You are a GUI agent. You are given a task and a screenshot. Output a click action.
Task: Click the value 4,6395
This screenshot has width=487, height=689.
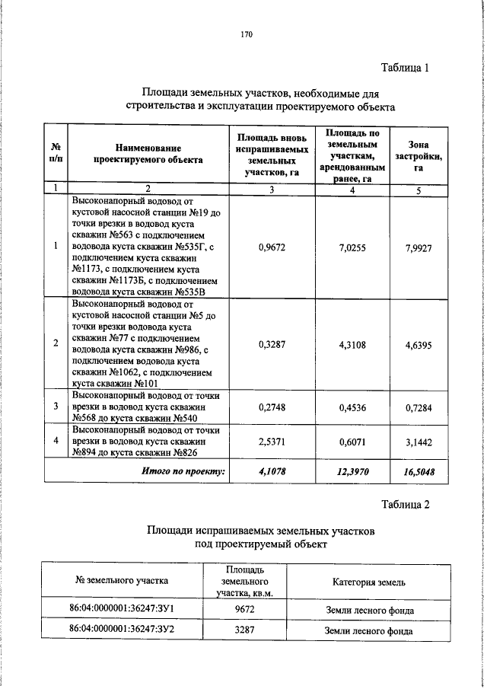[419, 344]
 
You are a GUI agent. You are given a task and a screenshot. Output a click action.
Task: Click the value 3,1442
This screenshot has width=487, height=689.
[419, 441]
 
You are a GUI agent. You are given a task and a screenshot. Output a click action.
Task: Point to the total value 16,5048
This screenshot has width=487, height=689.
[419, 473]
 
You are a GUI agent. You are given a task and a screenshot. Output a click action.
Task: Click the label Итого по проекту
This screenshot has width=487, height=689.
[184, 471]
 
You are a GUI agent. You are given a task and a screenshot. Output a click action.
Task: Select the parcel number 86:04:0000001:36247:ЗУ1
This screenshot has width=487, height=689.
[122, 610]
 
